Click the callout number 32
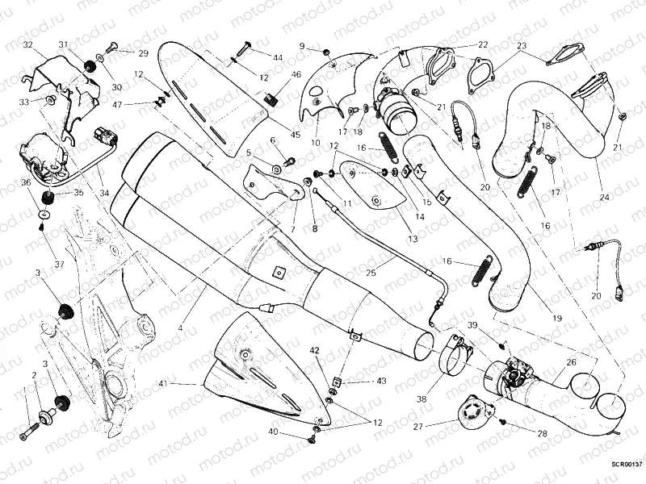(x=27, y=44)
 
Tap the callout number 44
(x=277, y=58)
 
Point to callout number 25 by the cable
(x=371, y=273)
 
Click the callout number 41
(x=164, y=383)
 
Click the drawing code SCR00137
(x=626, y=465)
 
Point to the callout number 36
(x=26, y=183)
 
